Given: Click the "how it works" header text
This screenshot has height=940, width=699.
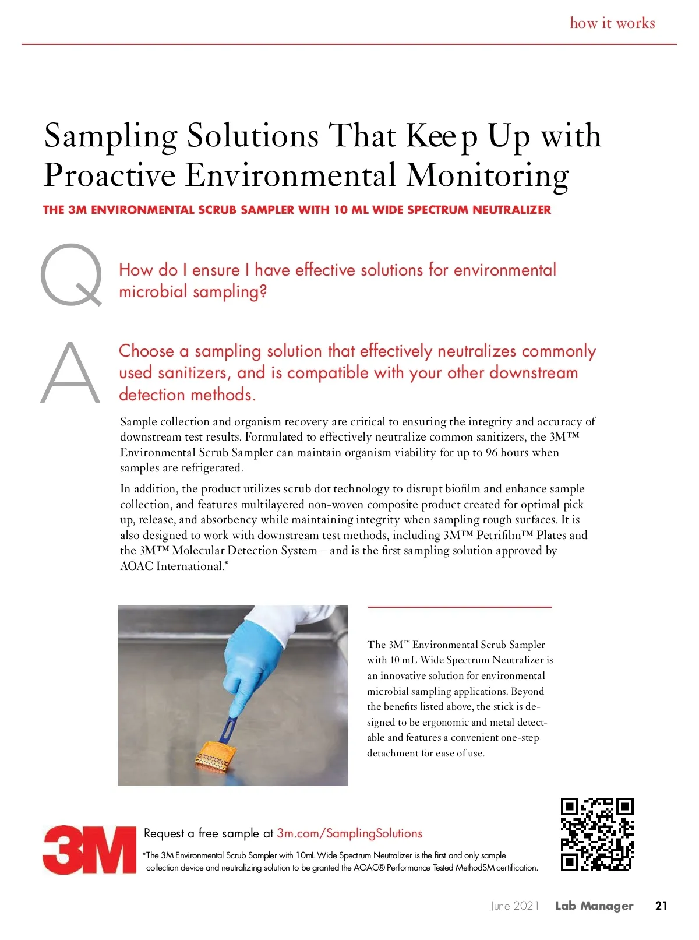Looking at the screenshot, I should pyautogui.click(x=612, y=23).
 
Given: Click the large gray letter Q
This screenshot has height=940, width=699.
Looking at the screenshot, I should pyautogui.click(x=71, y=274).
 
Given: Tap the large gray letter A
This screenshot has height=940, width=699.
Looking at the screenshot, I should pyautogui.click(x=70, y=373).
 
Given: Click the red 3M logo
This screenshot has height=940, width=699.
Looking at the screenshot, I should pyautogui.click(x=90, y=849).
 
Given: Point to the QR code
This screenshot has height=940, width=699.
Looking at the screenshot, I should pyautogui.click(x=597, y=834).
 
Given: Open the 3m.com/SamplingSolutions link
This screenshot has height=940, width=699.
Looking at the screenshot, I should pyautogui.click(x=349, y=833).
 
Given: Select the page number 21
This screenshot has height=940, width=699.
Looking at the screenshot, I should pyautogui.click(x=661, y=906).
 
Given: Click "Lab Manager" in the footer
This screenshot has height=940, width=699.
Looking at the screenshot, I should pyautogui.click(x=594, y=906).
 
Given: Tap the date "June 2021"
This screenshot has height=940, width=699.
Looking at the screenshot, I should pyautogui.click(x=514, y=906).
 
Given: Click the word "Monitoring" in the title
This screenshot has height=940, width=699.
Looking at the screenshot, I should pyautogui.click(x=488, y=175).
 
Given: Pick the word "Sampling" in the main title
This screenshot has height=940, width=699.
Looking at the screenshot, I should pyautogui.click(x=111, y=136).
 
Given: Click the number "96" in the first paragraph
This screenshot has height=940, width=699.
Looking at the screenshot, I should pyautogui.click(x=492, y=453).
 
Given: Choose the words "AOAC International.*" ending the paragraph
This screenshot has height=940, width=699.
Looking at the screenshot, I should pyautogui.click(x=174, y=566).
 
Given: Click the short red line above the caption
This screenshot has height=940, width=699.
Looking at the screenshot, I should pyautogui.click(x=459, y=607).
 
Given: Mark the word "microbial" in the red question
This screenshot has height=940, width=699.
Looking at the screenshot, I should pyautogui.click(x=153, y=291).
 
